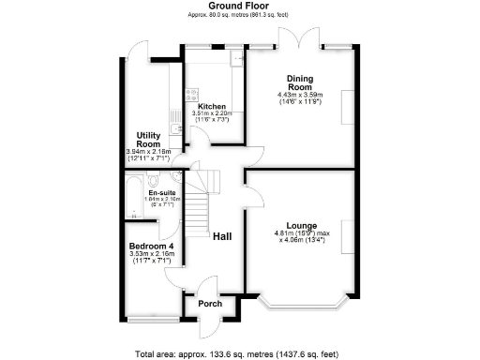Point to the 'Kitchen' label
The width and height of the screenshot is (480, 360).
click(x=211, y=107)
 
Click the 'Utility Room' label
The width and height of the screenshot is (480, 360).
click(x=150, y=140)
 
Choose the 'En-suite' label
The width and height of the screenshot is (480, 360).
click(x=150, y=192)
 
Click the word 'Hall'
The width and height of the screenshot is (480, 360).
click(x=222, y=237)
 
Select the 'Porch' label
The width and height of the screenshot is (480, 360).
click(x=210, y=303)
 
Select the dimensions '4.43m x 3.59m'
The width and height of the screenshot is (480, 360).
click(x=300, y=95)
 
